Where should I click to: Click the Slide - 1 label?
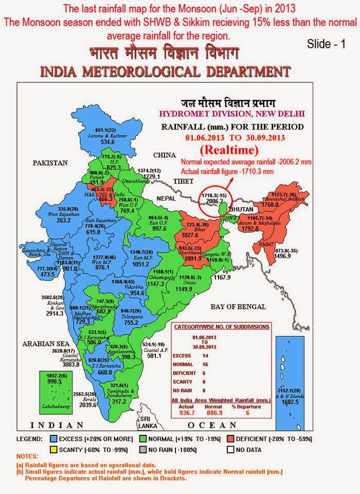(x=326, y=44)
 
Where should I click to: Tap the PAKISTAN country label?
(x=51, y=162)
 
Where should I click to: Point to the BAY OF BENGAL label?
(x=238, y=307)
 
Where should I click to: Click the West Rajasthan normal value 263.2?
(x=64, y=220)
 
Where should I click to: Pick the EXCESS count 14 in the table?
(x=220, y=355)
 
